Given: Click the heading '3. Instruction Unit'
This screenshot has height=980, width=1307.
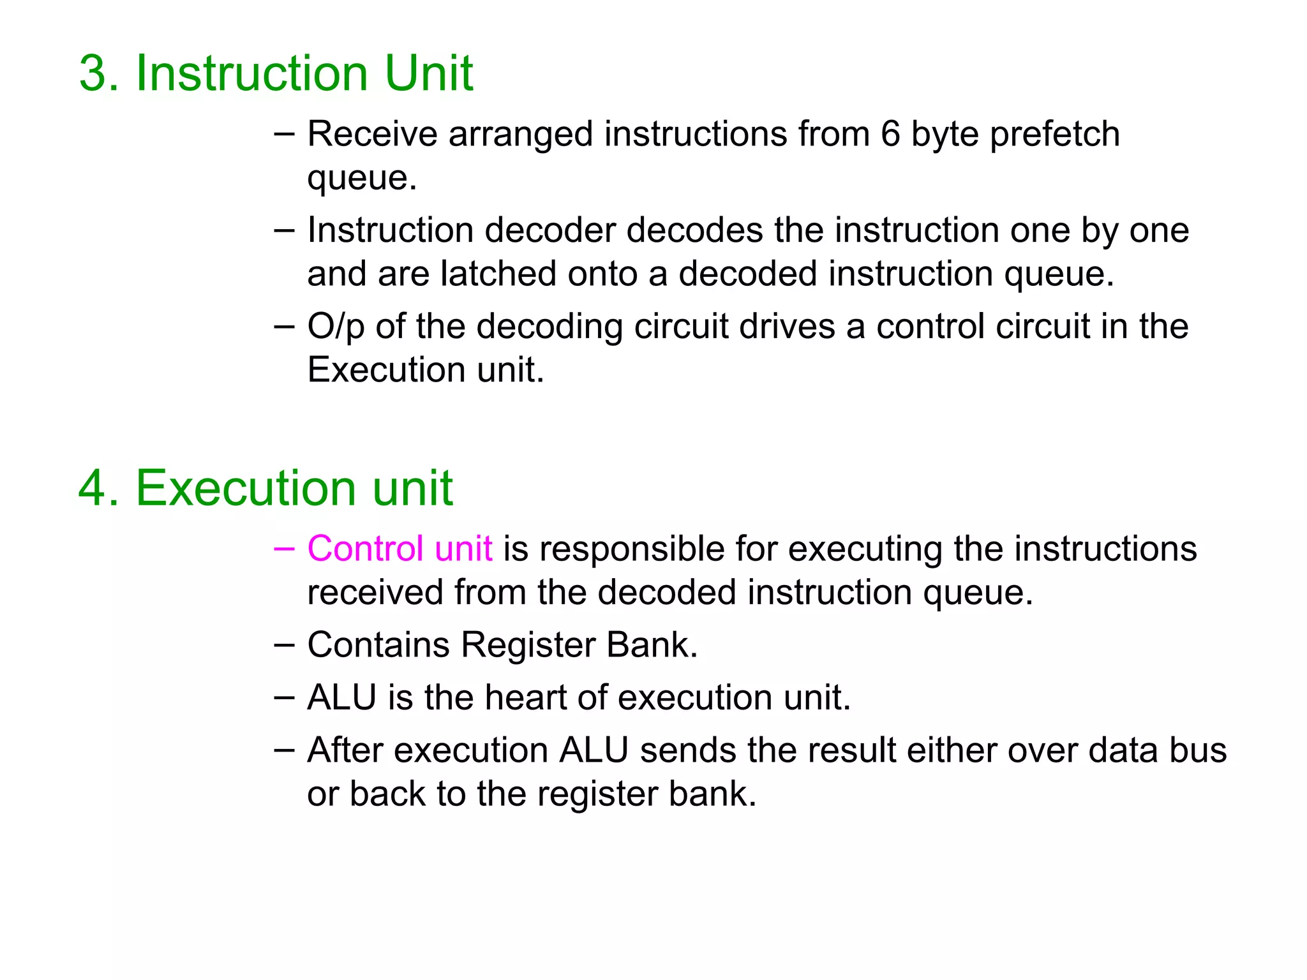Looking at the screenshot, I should [x=276, y=73].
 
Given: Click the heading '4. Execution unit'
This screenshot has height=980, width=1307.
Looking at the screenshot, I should [x=265, y=488].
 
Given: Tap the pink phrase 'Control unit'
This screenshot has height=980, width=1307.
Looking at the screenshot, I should [x=400, y=549].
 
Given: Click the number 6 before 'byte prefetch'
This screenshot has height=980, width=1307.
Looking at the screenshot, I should [x=890, y=134].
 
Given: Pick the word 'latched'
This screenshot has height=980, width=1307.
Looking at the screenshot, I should [x=498, y=274].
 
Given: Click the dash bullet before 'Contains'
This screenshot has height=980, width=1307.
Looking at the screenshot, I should [x=284, y=644].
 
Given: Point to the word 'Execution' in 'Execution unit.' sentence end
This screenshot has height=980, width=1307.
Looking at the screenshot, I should [x=386, y=370].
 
